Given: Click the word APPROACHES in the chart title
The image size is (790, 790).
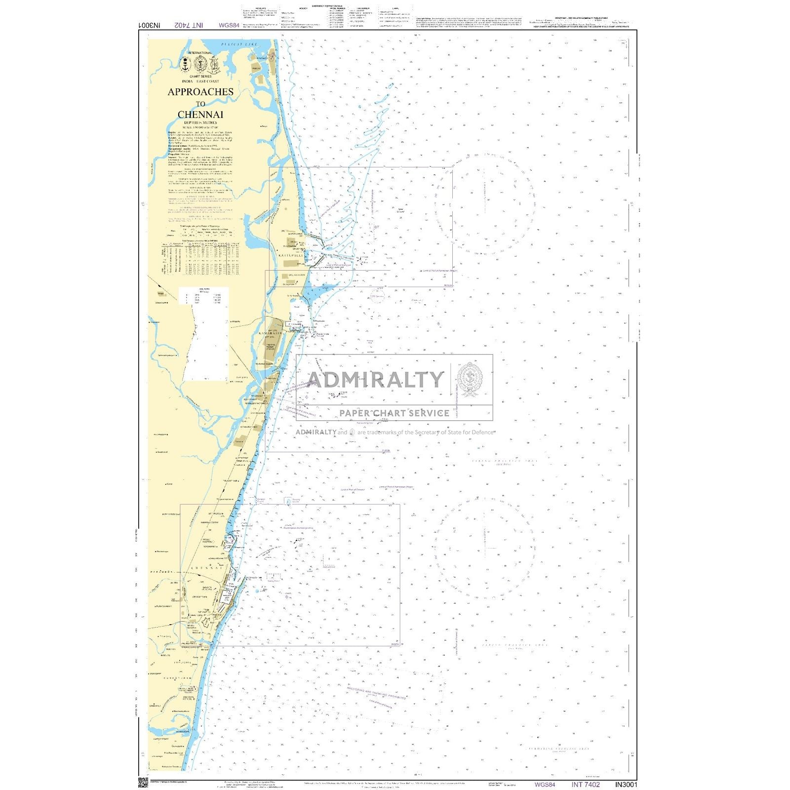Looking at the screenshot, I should [200, 92].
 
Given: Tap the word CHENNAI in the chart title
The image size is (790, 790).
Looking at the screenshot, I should [200, 115].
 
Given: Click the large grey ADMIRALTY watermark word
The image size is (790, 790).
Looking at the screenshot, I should [375, 379].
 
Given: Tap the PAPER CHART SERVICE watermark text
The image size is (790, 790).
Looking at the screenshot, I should [394, 413].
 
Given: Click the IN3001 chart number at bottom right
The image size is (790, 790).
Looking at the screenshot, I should [626, 784].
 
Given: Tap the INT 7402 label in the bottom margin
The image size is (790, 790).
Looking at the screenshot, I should [586, 784].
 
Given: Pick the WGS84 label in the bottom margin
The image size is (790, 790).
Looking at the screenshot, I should [545, 784].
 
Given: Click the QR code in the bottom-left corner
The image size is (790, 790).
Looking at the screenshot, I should [143, 783].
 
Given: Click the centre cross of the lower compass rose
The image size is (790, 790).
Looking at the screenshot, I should [484, 548].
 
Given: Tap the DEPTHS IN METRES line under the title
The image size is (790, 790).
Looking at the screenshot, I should [200, 122].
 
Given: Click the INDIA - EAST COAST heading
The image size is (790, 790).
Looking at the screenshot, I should [200, 81].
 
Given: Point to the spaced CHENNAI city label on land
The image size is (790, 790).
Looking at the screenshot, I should [207, 568].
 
